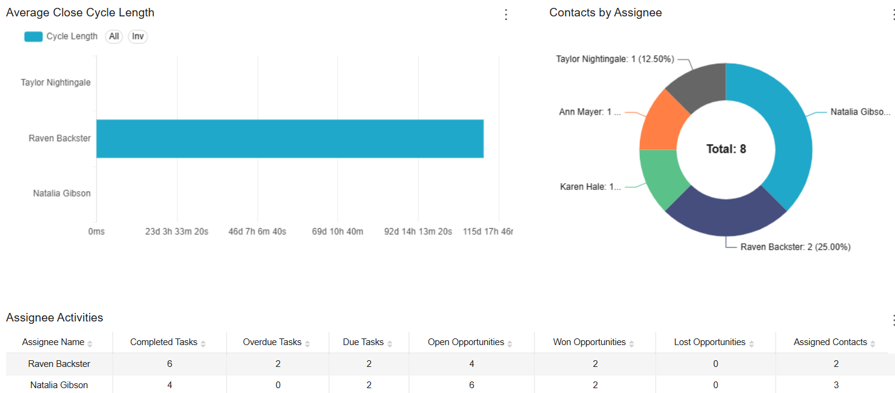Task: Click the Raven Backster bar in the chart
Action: pyautogui.click(x=290, y=138)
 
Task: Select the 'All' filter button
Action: pyautogui.click(x=114, y=36)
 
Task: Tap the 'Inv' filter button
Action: pyautogui.click(x=138, y=36)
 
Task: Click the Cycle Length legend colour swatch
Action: pyautogui.click(x=33, y=36)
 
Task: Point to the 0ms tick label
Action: pyautogui.click(x=96, y=232)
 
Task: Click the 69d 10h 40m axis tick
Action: pyautogui.click(x=338, y=232)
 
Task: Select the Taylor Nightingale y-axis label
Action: pyautogui.click(x=56, y=82)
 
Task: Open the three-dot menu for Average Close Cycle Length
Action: pyautogui.click(x=506, y=15)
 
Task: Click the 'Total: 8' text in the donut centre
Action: pyautogui.click(x=726, y=149)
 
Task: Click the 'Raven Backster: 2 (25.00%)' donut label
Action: pyautogui.click(x=795, y=247)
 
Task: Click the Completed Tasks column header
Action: pyautogui.click(x=164, y=342)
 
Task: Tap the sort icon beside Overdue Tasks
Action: pyautogui.click(x=307, y=344)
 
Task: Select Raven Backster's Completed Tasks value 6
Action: pyautogui.click(x=170, y=364)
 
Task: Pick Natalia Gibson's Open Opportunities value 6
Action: pyautogui.click(x=471, y=385)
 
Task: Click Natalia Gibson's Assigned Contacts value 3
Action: pyautogui.click(x=836, y=385)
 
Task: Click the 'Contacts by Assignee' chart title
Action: pyautogui.click(x=605, y=13)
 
